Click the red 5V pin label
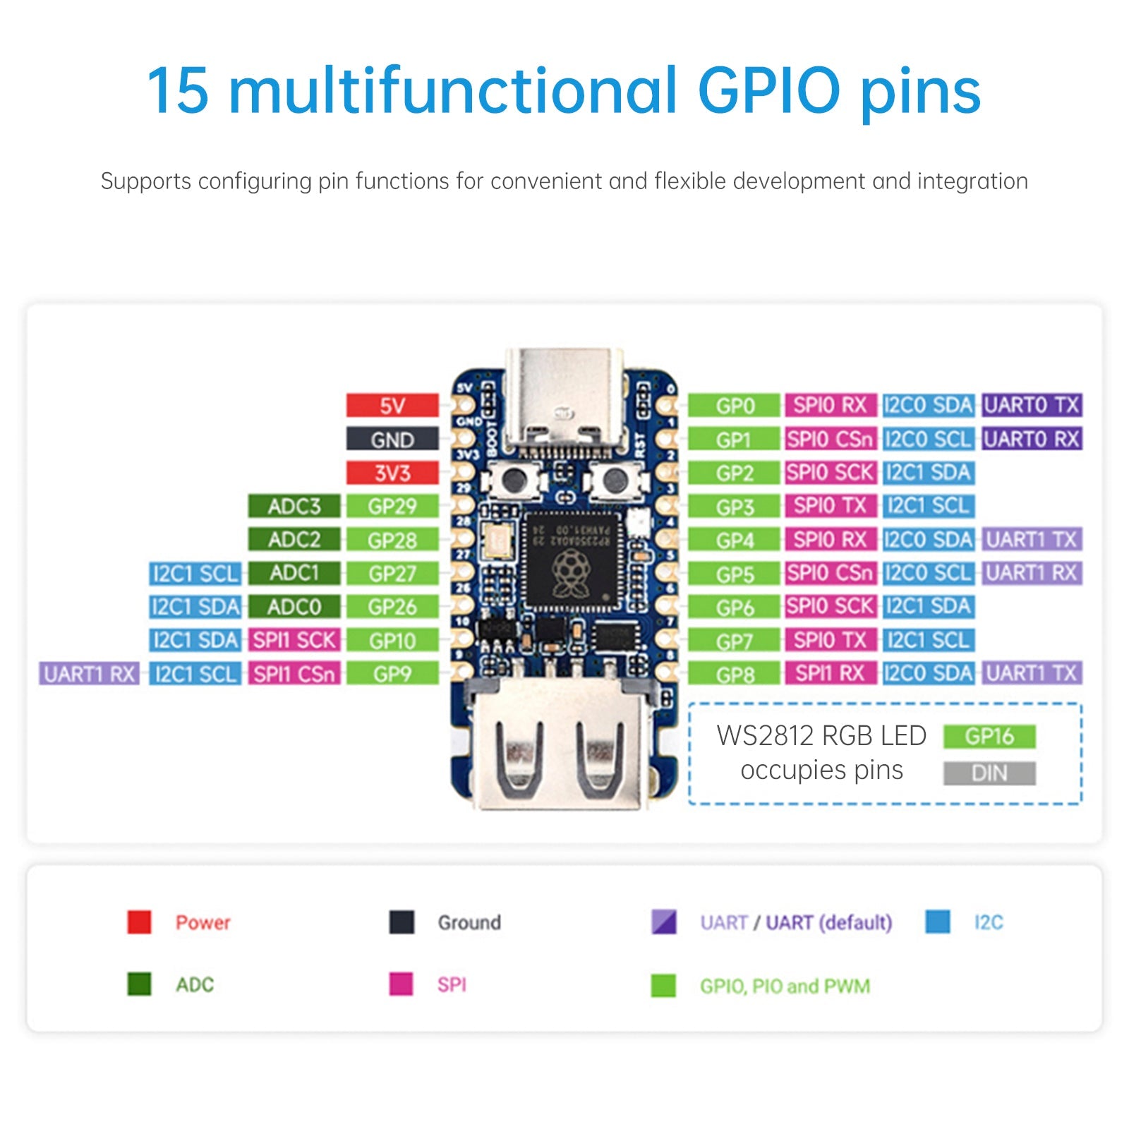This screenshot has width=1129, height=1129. [x=392, y=406]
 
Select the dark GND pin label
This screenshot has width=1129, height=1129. [x=392, y=440]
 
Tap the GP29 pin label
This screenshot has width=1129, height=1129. [x=392, y=506]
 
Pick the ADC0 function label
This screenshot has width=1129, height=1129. [x=294, y=607]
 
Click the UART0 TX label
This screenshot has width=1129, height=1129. [x=1032, y=405]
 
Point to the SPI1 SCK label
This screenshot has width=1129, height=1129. [x=294, y=640]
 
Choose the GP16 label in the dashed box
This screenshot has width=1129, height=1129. [x=989, y=737]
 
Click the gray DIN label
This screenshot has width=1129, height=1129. [x=989, y=773]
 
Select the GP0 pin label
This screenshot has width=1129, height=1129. [x=735, y=406]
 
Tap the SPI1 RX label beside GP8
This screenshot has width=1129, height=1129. [x=830, y=673]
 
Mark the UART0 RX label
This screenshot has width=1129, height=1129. [x=1032, y=439]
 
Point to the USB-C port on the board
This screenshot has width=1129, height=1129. [x=564, y=402]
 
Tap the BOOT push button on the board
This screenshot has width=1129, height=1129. [x=513, y=481]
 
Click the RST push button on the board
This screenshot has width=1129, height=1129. [x=615, y=481]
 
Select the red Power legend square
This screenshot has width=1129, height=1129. [x=139, y=922]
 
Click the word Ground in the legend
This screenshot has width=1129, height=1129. [x=469, y=922]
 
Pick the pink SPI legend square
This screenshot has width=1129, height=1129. [x=401, y=984]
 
